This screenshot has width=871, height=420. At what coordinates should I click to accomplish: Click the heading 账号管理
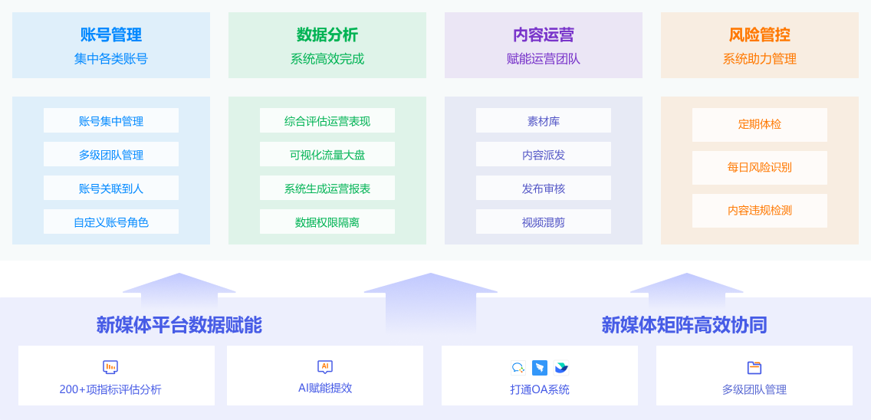click(111, 35)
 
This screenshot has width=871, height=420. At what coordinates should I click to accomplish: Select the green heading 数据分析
click(327, 35)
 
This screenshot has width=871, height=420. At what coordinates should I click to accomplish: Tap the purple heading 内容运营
click(544, 35)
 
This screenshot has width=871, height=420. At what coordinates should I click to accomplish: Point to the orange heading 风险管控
click(760, 35)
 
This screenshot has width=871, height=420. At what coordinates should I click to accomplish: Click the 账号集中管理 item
click(111, 121)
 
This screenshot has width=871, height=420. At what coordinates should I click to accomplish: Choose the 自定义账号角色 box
click(111, 222)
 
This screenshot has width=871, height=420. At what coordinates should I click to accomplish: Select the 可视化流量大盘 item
click(327, 155)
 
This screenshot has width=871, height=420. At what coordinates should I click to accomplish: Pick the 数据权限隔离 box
click(327, 222)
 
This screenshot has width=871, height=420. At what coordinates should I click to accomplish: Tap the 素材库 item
click(544, 121)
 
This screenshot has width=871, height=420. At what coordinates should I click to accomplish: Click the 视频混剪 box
click(544, 222)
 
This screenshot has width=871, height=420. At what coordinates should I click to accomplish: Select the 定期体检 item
click(760, 124)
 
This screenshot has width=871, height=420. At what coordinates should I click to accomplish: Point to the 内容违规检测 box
click(760, 210)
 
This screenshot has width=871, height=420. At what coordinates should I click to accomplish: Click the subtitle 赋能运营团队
click(544, 59)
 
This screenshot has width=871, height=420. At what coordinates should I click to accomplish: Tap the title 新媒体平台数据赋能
click(179, 325)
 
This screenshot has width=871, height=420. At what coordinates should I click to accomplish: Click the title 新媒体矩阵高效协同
click(684, 325)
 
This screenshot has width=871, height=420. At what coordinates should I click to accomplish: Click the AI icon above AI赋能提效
click(325, 367)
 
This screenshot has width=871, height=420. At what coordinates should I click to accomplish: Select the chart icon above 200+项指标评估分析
click(110, 367)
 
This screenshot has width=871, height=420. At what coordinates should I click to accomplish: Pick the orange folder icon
click(754, 368)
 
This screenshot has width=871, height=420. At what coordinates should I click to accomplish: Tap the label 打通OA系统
click(540, 389)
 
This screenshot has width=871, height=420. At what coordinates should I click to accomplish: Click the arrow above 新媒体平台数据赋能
click(179, 290)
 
